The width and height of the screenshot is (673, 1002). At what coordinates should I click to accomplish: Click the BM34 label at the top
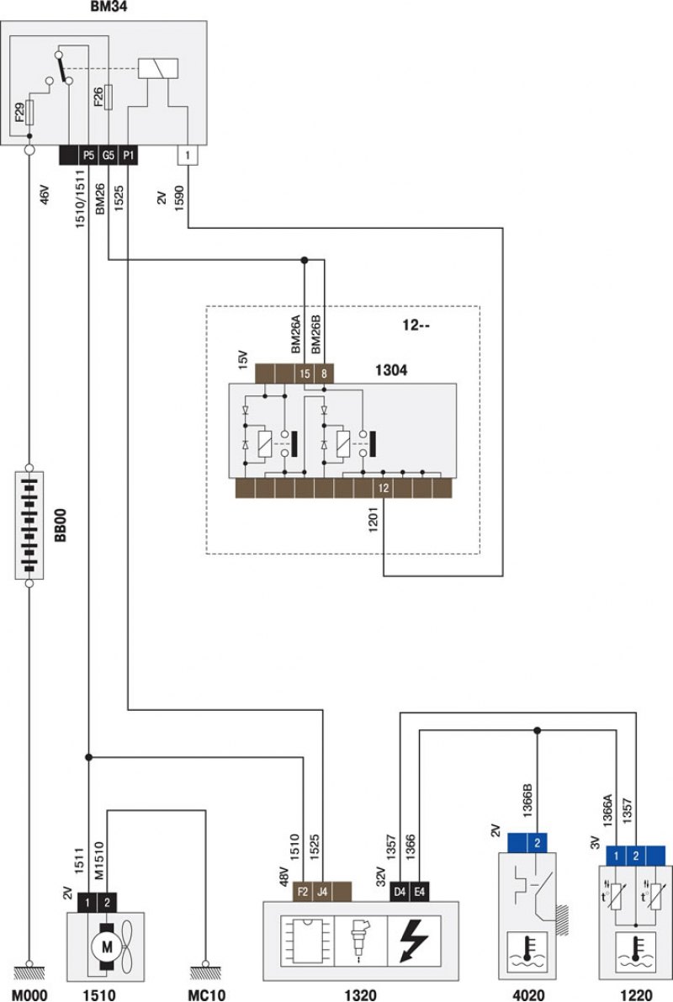(x=108, y=8)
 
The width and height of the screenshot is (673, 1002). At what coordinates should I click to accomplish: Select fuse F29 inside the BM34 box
(x=29, y=113)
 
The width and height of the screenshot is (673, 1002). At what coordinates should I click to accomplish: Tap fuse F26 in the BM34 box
(x=109, y=97)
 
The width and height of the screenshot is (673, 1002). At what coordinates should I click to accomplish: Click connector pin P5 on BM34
(x=88, y=156)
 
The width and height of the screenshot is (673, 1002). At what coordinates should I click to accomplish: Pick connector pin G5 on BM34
(x=108, y=156)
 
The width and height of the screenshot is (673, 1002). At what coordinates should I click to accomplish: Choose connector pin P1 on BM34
(x=128, y=156)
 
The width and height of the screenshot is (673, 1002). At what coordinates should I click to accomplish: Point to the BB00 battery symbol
(x=29, y=525)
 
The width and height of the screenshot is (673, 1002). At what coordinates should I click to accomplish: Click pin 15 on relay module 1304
(x=305, y=374)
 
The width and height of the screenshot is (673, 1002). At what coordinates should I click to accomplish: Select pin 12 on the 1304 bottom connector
(x=384, y=488)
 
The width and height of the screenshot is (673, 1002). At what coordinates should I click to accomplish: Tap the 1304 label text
(x=391, y=370)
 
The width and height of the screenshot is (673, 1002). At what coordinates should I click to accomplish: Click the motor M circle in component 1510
(x=107, y=947)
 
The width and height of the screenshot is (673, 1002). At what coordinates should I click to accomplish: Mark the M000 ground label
(x=29, y=995)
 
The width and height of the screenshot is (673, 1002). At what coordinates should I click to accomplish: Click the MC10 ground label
(x=206, y=995)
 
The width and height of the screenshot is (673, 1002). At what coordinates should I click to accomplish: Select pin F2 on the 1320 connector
(x=302, y=892)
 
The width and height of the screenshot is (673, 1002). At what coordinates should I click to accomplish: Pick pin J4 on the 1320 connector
(x=322, y=892)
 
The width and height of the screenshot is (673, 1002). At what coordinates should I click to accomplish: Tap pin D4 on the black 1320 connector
(x=400, y=892)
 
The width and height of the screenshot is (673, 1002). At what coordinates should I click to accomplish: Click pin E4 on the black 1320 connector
(x=419, y=892)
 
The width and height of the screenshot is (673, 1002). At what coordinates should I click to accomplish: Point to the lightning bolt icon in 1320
(x=414, y=941)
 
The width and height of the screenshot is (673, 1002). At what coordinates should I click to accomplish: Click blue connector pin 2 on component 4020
(x=537, y=843)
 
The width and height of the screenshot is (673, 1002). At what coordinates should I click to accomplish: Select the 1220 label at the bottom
(x=636, y=995)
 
